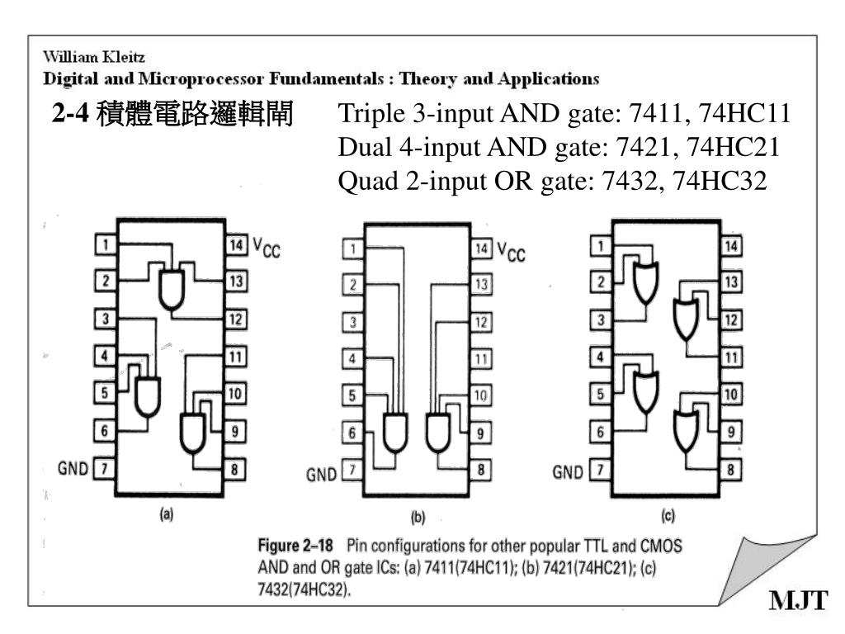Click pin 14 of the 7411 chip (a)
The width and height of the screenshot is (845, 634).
[236, 244]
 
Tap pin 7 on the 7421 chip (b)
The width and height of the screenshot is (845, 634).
[352, 470]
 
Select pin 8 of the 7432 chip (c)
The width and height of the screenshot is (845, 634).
[731, 470]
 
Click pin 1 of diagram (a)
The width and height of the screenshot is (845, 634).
[106, 244]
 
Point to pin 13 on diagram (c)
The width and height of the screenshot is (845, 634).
[731, 282]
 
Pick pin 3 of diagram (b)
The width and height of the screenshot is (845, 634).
[352, 323]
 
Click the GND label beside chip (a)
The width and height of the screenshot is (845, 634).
[73, 468]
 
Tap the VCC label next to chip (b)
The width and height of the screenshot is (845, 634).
[510, 252]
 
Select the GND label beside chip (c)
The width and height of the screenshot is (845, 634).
[568, 472]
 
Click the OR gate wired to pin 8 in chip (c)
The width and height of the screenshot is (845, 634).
[686, 431]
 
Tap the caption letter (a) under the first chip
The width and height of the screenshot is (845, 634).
[167, 513]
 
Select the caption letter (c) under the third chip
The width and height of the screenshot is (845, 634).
[668, 517]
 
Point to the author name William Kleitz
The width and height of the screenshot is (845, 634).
[94, 57]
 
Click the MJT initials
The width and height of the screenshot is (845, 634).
[798, 600]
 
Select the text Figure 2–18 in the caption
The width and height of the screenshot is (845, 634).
[295, 546]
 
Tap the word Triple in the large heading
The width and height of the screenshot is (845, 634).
[371, 114]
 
